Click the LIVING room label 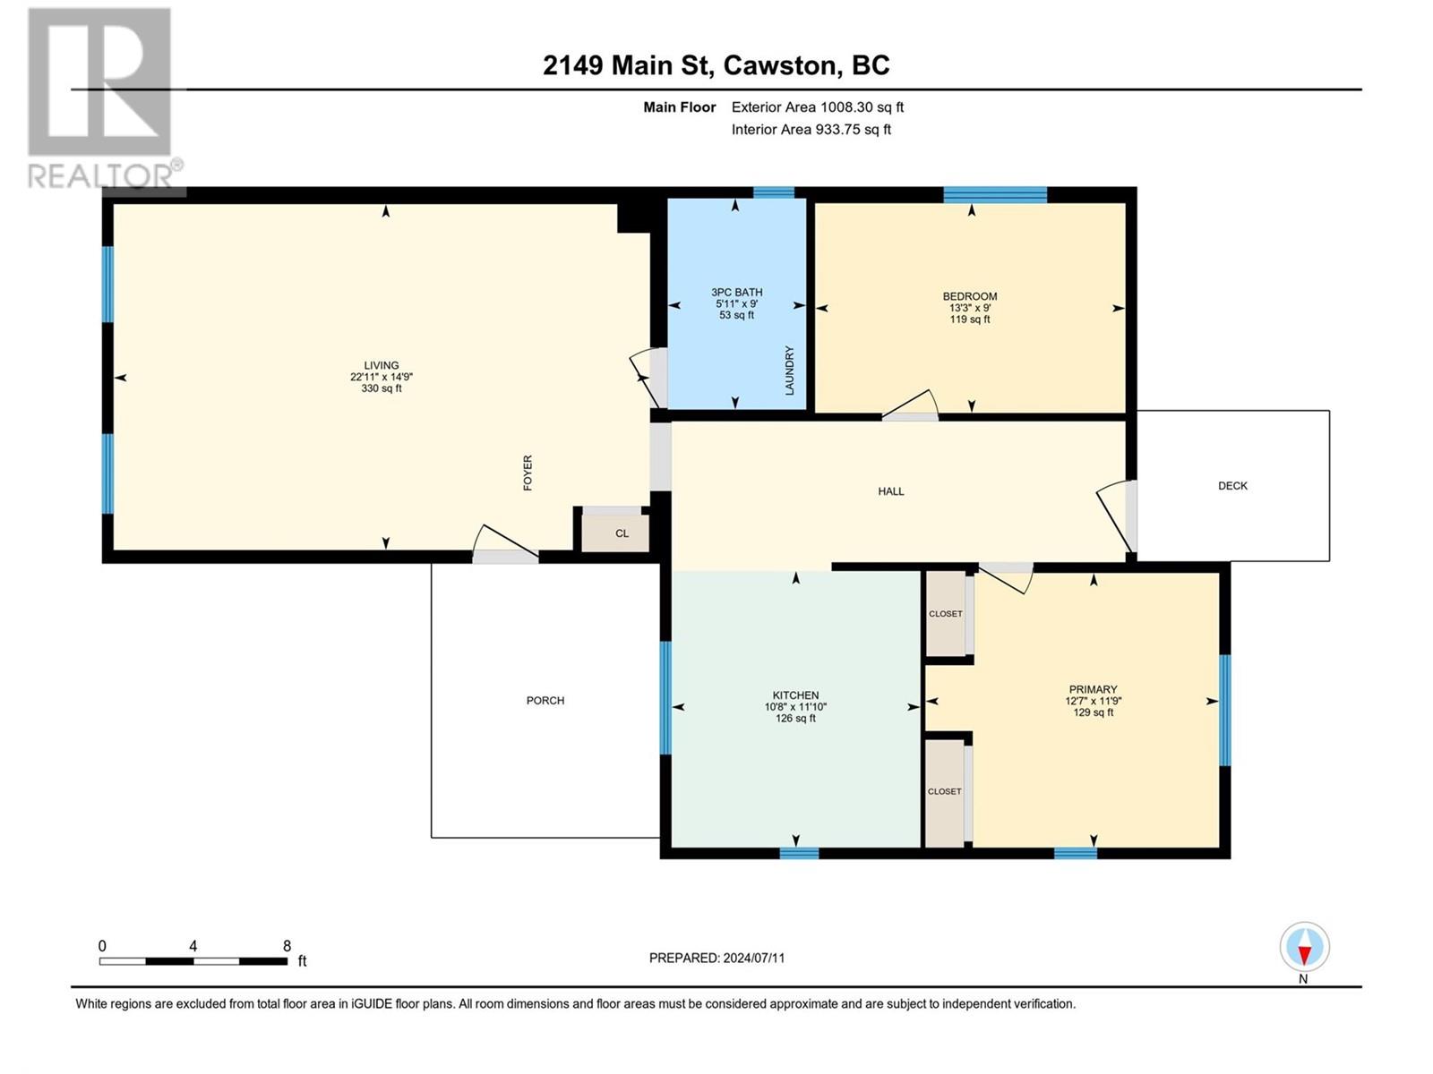[382, 365]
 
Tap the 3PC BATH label [736, 292]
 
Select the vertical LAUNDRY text [789, 371]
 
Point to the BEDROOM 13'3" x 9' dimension [969, 308]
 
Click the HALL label [890, 491]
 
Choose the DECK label [1232, 486]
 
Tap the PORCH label [545, 701]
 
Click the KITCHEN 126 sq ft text [795, 719]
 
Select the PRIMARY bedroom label [1093, 689]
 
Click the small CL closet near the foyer [622, 533]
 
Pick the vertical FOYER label [528, 473]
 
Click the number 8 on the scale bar [287, 945]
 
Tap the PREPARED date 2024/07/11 [754, 958]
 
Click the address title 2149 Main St [627, 65]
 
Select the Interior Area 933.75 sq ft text [811, 129]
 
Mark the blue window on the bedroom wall [995, 194]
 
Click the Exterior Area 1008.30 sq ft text [818, 107]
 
